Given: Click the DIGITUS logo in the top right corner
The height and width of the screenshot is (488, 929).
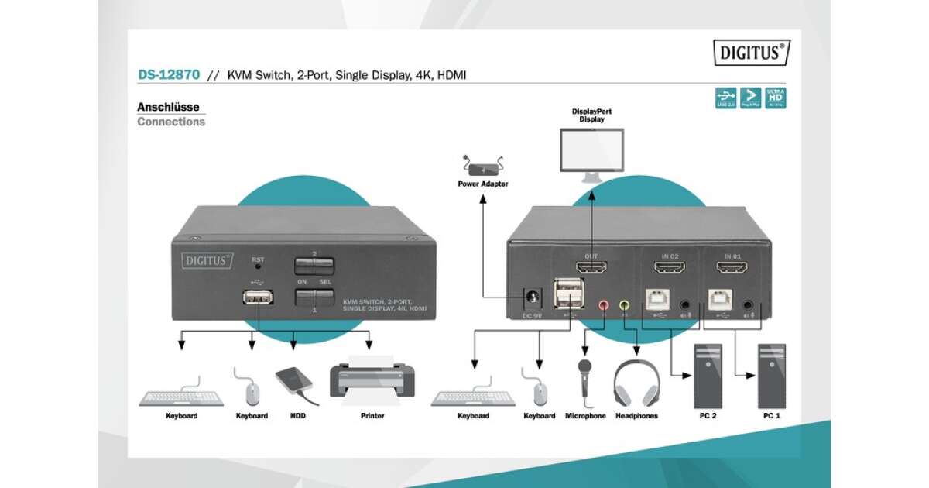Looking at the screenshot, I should (x=752, y=53).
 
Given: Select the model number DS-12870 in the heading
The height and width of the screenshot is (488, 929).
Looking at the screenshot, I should (x=169, y=75).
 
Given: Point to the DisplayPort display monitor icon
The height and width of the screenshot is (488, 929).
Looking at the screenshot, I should (x=591, y=153).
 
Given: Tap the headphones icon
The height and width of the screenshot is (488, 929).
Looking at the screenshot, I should (x=636, y=382).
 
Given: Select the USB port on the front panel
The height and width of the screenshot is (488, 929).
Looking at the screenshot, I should (x=255, y=297).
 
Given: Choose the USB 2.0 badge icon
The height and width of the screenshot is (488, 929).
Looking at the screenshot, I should (x=725, y=98).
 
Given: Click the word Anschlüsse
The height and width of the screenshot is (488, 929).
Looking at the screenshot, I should (x=168, y=107).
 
